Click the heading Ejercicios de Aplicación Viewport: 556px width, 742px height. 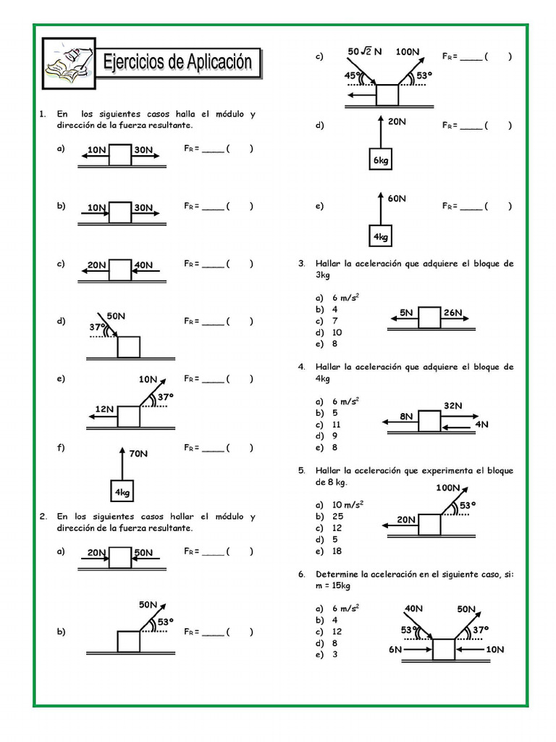pos(178,63)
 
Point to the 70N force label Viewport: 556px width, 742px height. pos(139,454)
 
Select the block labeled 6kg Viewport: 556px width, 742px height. pos(381,160)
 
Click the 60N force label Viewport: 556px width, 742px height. pos(397,198)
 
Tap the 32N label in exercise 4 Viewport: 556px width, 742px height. pos(453,406)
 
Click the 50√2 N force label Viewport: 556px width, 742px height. pos(365,52)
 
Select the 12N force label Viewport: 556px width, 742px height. pos(104,409)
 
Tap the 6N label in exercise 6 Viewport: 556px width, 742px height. pos(395,649)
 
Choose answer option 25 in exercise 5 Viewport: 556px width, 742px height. pos(337,517)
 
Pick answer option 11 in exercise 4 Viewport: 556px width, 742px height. pos(337,425)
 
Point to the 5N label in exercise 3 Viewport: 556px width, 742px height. pos(406,313)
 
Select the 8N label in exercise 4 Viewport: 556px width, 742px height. pos(406,417)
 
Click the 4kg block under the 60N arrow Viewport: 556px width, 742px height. pos(381,236)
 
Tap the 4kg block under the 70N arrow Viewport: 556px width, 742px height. pos(122,492)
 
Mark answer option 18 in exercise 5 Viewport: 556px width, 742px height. pos(337,551)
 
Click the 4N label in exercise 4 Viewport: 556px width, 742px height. pos(482,425)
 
